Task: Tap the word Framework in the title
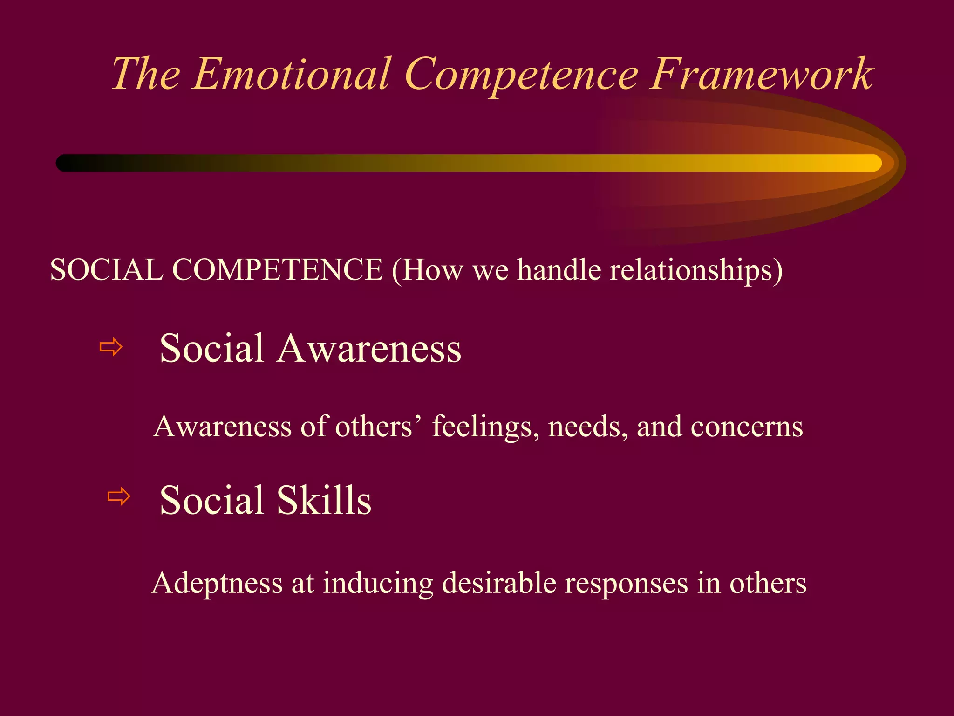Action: (761, 74)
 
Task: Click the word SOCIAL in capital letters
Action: (106, 270)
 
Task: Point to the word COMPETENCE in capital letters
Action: (278, 270)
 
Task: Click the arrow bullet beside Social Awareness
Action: (111, 347)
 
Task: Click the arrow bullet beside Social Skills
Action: (119, 496)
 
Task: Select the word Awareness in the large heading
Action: (369, 349)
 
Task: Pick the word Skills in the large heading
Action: (324, 500)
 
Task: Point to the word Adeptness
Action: (217, 584)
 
